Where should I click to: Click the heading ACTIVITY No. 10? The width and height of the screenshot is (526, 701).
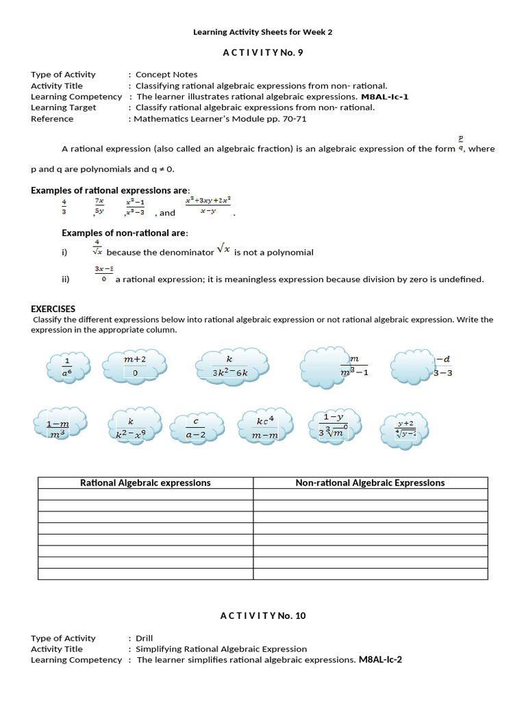coord(263,615)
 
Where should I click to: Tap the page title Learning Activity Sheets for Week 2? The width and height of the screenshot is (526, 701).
coord(262,31)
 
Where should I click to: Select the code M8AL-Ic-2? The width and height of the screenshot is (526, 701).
coord(383,660)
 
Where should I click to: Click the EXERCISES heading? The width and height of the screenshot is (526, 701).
coord(53,309)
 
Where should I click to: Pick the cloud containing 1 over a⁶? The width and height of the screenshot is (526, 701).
coord(68,366)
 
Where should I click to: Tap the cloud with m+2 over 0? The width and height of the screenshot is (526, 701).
coord(134,366)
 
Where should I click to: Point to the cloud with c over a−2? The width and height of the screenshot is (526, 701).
coord(196,428)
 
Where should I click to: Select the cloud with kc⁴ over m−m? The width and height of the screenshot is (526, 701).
coord(265,427)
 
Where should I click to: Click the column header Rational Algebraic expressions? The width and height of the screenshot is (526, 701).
coord(145,483)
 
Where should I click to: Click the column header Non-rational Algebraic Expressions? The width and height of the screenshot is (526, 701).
coord(370,483)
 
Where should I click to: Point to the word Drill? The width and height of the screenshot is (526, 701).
coord(145,638)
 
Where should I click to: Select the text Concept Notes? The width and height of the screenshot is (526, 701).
coord(166,75)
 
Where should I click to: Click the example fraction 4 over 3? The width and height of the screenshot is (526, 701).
coord(65,206)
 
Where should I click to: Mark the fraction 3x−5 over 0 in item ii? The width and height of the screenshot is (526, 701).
coord(104,274)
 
